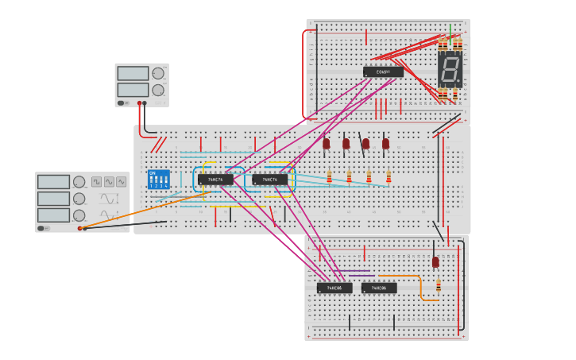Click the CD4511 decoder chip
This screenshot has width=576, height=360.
coord(383,72)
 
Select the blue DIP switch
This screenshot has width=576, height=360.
coord(158,178)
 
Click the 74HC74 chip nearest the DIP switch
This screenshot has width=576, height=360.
coord(215,180)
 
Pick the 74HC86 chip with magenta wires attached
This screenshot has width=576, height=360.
coord(334,288)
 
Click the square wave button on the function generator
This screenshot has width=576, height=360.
coord(96,182)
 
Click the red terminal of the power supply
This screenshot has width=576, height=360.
coord(139,103)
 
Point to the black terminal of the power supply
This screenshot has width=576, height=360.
coord(145,103)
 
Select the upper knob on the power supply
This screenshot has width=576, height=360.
coord(158,73)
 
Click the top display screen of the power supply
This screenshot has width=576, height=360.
coord(133,73)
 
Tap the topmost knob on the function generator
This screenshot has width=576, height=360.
coord(79,182)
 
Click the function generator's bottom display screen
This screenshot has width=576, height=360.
coord(53,215)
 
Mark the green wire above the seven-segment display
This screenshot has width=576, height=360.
coord(450,31)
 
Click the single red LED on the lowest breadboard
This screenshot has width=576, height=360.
coord(435,261)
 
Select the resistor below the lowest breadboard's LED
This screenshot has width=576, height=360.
coord(438,285)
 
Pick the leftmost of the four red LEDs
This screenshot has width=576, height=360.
coord(326,144)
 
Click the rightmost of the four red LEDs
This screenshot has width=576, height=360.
coord(385,144)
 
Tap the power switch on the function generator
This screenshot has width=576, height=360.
coord(42,228)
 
